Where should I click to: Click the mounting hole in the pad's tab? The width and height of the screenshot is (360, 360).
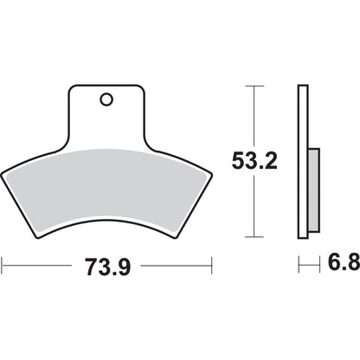(106, 100)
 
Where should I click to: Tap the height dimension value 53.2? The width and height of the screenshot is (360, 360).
(251, 160)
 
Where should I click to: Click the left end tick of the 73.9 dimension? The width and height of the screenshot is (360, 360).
(3, 264)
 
